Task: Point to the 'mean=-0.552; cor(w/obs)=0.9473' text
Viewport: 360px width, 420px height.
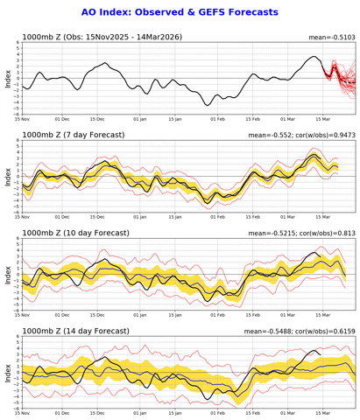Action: click(x=300, y=136)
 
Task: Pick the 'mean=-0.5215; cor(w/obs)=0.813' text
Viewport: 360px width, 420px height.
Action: click(x=301, y=234)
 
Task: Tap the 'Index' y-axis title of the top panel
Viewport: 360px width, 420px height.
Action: click(x=7, y=80)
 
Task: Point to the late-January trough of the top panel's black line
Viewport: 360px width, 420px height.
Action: click(x=208, y=104)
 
